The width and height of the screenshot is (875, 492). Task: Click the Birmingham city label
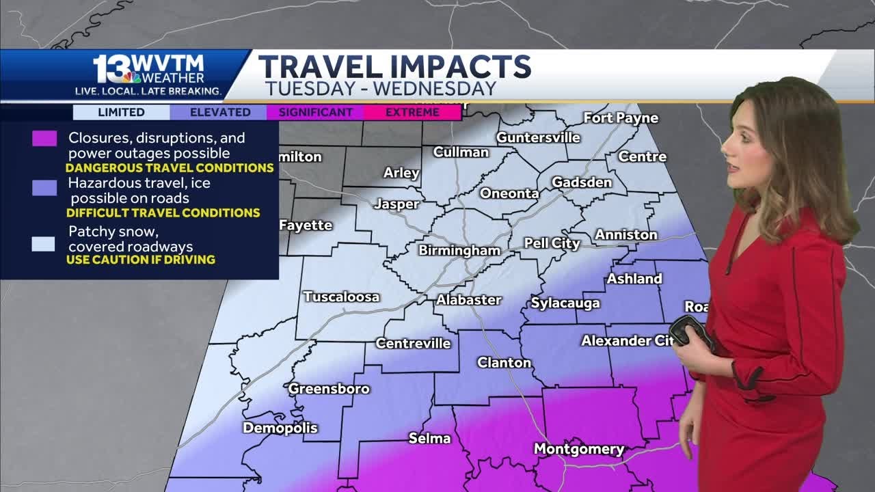point(459,251)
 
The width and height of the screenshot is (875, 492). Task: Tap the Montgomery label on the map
point(578,449)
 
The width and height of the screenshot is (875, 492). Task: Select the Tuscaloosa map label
point(341,297)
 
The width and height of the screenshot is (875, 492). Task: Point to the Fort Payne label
point(621,118)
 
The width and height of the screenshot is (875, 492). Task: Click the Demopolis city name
point(280,428)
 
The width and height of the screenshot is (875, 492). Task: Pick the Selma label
point(429,438)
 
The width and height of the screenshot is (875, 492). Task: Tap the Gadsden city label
point(581,182)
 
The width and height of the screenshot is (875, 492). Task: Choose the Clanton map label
point(504,362)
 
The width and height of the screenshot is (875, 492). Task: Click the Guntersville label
point(538,137)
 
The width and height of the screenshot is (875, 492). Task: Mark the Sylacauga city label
point(565,303)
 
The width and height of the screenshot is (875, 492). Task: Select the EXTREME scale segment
point(412,112)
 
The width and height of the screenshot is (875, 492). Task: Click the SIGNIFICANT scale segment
point(315,112)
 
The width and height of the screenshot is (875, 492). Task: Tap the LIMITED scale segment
point(121,112)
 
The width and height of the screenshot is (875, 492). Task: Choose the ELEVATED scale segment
point(220,112)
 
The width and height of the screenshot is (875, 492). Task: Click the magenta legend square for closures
point(44,139)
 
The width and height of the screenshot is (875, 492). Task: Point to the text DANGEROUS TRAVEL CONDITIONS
point(170,167)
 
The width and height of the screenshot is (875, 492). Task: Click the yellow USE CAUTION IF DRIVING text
point(141,260)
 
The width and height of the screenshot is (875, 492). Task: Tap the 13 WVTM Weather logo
point(149,74)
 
